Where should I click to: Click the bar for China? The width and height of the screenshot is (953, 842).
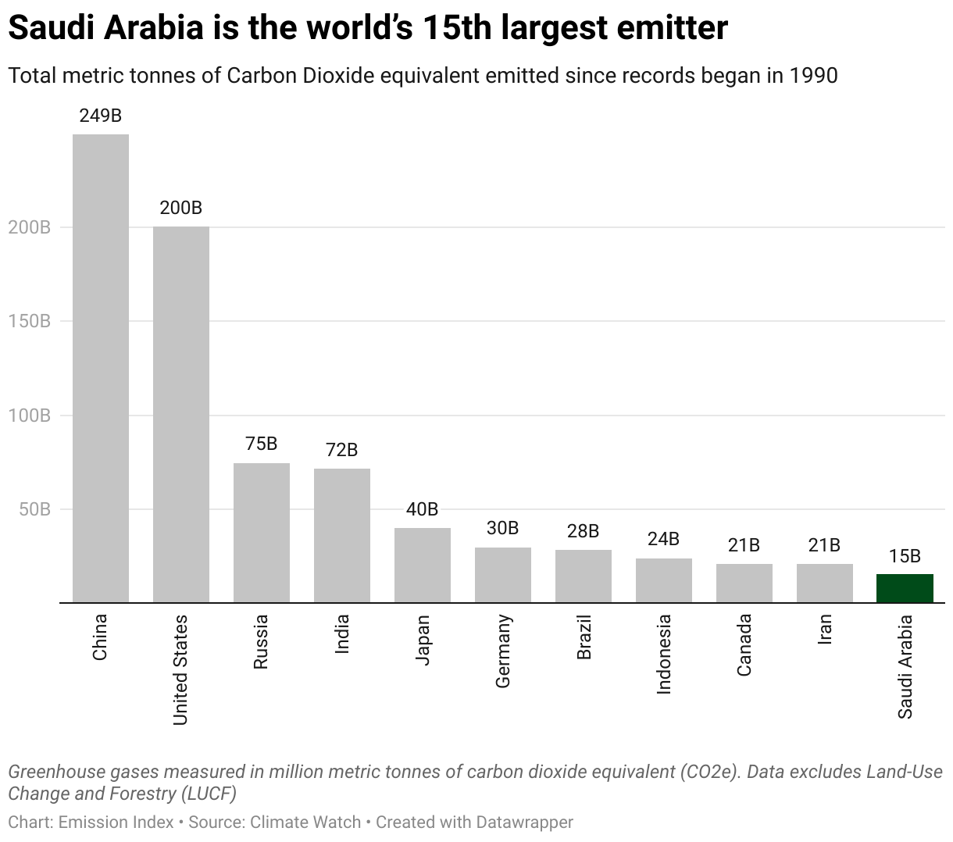point(101,368)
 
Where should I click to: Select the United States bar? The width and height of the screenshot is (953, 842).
point(181,414)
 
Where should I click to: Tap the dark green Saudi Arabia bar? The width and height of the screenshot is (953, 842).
point(905,588)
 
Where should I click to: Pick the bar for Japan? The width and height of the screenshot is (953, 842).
point(423,565)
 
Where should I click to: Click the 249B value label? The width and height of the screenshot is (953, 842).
point(101,116)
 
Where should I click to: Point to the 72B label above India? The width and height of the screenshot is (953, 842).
point(341,450)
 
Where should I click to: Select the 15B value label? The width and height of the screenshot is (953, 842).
point(905,556)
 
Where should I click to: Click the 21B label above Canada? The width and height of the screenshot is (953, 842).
point(744,545)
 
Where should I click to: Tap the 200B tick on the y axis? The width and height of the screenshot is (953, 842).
point(30,227)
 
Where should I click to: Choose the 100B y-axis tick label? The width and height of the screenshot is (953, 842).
point(30,416)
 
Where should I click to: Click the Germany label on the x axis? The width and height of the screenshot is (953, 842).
point(503,651)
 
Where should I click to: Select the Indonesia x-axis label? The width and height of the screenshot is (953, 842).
point(664,654)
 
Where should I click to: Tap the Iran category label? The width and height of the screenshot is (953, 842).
point(824,629)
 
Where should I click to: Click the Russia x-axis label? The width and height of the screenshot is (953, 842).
point(261,641)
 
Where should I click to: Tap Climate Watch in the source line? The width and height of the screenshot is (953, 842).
point(306,822)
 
